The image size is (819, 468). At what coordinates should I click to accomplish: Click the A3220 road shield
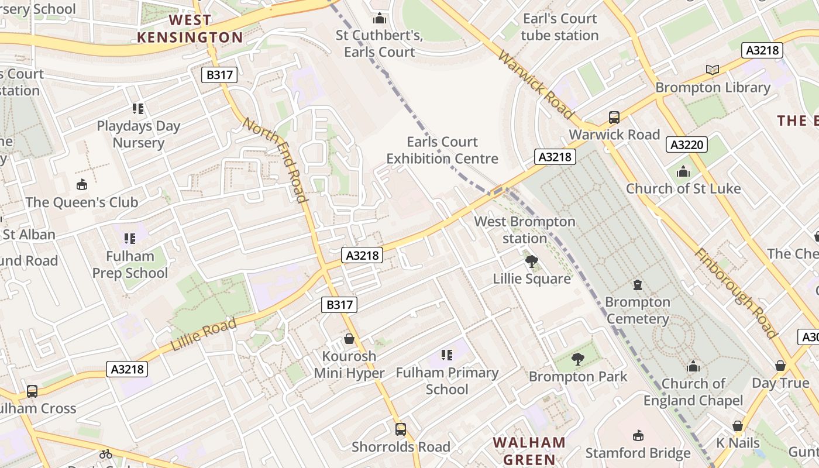pyautogui.click(x=687, y=144)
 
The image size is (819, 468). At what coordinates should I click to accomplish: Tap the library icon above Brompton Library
pyautogui.click(x=712, y=70)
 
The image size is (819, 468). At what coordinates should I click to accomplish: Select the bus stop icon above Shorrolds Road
pyautogui.click(x=401, y=429)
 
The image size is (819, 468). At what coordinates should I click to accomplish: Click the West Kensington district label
pyautogui.click(x=190, y=29)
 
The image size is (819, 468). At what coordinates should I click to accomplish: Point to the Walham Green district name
pyautogui.click(x=529, y=450)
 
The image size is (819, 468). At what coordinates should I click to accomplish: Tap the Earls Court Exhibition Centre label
pyautogui.click(x=442, y=150)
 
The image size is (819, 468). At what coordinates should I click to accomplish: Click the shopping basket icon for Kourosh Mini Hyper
pyautogui.click(x=349, y=339)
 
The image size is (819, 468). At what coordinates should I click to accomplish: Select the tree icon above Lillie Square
pyautogui.click(x=531, y=261)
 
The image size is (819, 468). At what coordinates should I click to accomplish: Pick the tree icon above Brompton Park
pyautogui.click(x=578, y=359)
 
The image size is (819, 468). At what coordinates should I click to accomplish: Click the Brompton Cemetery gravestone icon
pyautogui.click(x=638, y=285)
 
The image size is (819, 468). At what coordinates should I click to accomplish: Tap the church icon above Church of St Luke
pyautogui.click(x=683, y=171)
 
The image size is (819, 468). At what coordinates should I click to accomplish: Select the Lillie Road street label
pyautogui.click(x=204, y=335)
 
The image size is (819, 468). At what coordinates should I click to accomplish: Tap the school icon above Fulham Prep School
pyautogui.click(x=130, y=238)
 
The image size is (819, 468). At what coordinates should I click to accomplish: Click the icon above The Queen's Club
pyautogui.click(x=82, y=185)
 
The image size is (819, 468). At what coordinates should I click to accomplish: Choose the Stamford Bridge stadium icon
pyautogui.click(x=638, y=436)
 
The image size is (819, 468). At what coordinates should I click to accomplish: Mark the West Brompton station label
pyautogui.click(x=525, y=230)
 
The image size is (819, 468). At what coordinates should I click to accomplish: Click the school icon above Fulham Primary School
pyautogui.click(x=447, y=355)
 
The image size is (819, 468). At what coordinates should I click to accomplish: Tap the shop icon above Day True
pyautogui.click(x=780, y=366)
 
